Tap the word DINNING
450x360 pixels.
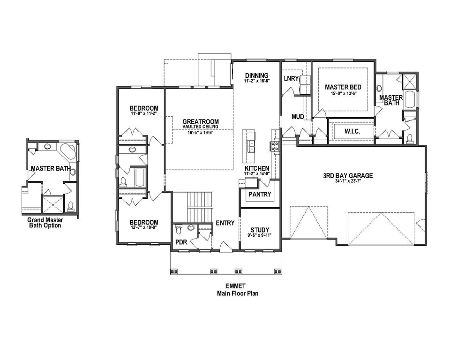(256, 75)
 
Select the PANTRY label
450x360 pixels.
(260, 194)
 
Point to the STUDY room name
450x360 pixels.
(259, 230)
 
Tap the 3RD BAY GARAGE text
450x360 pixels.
(347, 176)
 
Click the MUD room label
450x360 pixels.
(298, 116)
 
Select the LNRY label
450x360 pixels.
(291, 78)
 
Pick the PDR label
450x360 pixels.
(181, 242)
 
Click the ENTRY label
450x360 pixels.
(225, 223)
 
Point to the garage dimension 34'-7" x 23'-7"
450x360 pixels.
(347, 182)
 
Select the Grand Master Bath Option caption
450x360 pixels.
(44, 222)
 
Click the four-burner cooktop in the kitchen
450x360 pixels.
(274, 146)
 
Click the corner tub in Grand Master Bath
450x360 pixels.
(68, 152)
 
